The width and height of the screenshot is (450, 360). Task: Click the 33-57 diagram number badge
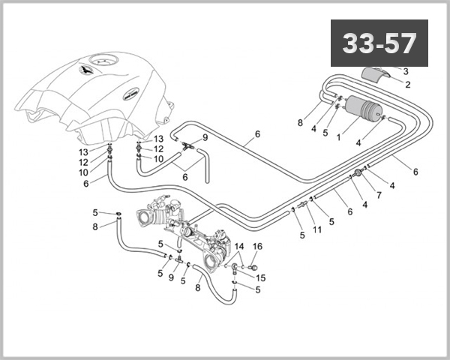click(379, 43)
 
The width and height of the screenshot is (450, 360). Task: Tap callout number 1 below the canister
click(339, 137)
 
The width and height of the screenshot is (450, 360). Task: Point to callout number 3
click(406, 71)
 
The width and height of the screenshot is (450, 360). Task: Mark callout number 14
click(239, 246)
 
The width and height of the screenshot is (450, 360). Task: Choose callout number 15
click(262, 277)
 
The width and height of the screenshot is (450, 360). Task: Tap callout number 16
click(256, 246)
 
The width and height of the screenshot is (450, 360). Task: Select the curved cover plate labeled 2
click(379, 76)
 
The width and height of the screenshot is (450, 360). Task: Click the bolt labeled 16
click(253, 266)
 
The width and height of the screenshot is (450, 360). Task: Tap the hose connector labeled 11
click(303, 203)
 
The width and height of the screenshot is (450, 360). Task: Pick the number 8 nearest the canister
click(299, 122)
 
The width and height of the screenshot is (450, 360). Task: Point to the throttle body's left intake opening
click(144, 217)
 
